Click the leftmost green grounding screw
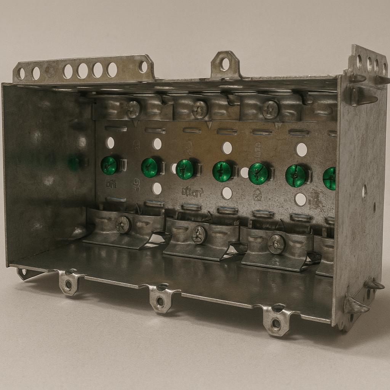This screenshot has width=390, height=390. point(109,165)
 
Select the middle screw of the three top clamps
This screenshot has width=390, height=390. point(200,110)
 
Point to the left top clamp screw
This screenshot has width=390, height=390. point(133,109)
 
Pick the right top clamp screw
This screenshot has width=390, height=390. point(270,109)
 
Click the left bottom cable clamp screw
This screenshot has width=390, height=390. point(123,225)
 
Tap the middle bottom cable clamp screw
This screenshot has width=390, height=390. point(199,235)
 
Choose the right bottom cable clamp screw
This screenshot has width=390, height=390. point(276,244)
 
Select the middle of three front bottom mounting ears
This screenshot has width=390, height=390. point(161,300)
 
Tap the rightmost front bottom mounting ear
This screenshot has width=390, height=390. point(277,323)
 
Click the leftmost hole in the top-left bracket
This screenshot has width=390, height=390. point(21,73)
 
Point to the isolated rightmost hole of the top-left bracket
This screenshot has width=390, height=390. point(143,67)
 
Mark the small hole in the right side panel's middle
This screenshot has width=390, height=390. point(364,191)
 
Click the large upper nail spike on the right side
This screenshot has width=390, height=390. point(364,97)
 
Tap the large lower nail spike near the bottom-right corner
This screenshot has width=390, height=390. point(356,306)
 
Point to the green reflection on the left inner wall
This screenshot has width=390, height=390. point(74,164)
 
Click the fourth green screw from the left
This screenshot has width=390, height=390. point(222,171)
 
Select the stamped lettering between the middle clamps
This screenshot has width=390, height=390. point(193,192)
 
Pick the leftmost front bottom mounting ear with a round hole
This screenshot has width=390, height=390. point(69,283)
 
